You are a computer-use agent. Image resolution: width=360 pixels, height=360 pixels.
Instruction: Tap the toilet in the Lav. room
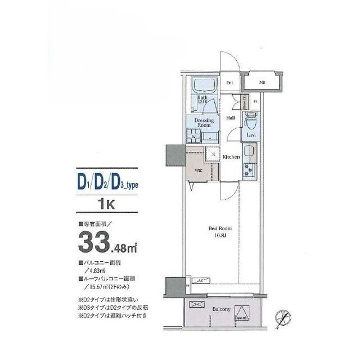click(x=251, y=120)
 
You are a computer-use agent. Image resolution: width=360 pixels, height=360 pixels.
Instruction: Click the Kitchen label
click(x=232, y=157)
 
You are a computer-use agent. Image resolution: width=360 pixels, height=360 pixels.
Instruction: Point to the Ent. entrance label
click(x=230, y=83)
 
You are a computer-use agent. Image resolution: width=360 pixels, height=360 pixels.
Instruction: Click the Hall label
click(x=231, y=118)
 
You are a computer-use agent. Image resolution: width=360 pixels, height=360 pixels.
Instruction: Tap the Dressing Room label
click(x=202, y=123)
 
